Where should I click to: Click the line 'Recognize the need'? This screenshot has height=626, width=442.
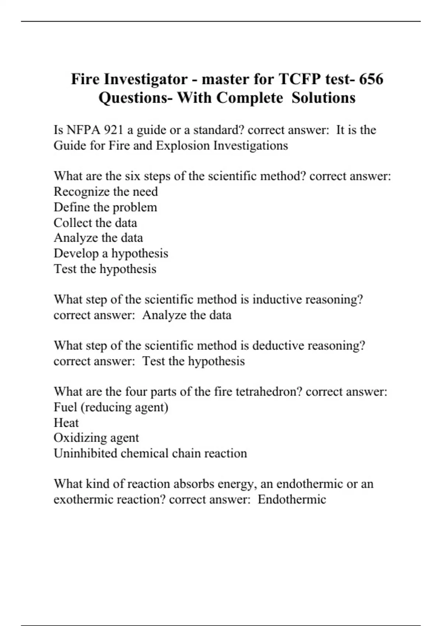pyautogui.click(x=106, y=191)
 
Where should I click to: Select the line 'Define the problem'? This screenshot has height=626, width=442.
pyautogui.click(x=105, y=207)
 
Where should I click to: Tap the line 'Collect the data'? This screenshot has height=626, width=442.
pyautogui.click(x=95, y=222)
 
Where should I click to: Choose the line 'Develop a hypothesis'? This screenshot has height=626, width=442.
pyautogui.click(x=111, y=253)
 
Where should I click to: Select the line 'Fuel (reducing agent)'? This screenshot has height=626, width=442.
pyautogui.click(x=111, y=407)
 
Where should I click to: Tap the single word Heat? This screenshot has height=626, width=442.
pyautogui.click(x=66, y=422)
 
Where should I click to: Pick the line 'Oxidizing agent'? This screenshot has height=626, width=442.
pyautogui.click(x=96, y=438)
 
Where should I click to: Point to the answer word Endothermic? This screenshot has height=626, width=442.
pyautogui.click(x=292, y=499)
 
